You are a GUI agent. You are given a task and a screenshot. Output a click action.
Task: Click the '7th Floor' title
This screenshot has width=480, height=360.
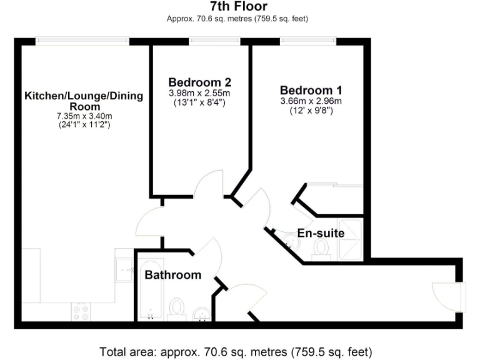(x=238, y=7)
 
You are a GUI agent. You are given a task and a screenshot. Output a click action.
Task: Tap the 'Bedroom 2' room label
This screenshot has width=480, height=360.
(x=200, y=82)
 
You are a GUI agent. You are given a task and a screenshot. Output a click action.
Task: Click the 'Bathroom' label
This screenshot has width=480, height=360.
(x=173, y=275)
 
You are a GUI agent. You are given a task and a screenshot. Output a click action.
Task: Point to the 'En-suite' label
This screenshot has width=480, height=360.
(x=321, y=234)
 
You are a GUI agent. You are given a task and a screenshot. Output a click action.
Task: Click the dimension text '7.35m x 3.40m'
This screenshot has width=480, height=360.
(x=84, y=116)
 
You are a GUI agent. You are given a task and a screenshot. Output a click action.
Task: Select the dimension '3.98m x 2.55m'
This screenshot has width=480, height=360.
(x=200, y=93)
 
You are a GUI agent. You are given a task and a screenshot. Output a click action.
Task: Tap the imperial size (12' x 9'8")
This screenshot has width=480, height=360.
(x=311, y=111)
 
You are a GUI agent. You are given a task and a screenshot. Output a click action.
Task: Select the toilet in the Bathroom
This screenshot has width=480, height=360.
(x=177, y=309)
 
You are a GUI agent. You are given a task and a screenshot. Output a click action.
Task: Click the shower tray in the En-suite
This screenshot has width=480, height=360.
(x=349, y=238)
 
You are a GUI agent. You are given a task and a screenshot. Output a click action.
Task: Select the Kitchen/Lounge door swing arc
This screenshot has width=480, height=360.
(x=149, y=222)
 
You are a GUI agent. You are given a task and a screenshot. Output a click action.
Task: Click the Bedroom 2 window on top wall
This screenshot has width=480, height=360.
(x=215, y=41)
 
